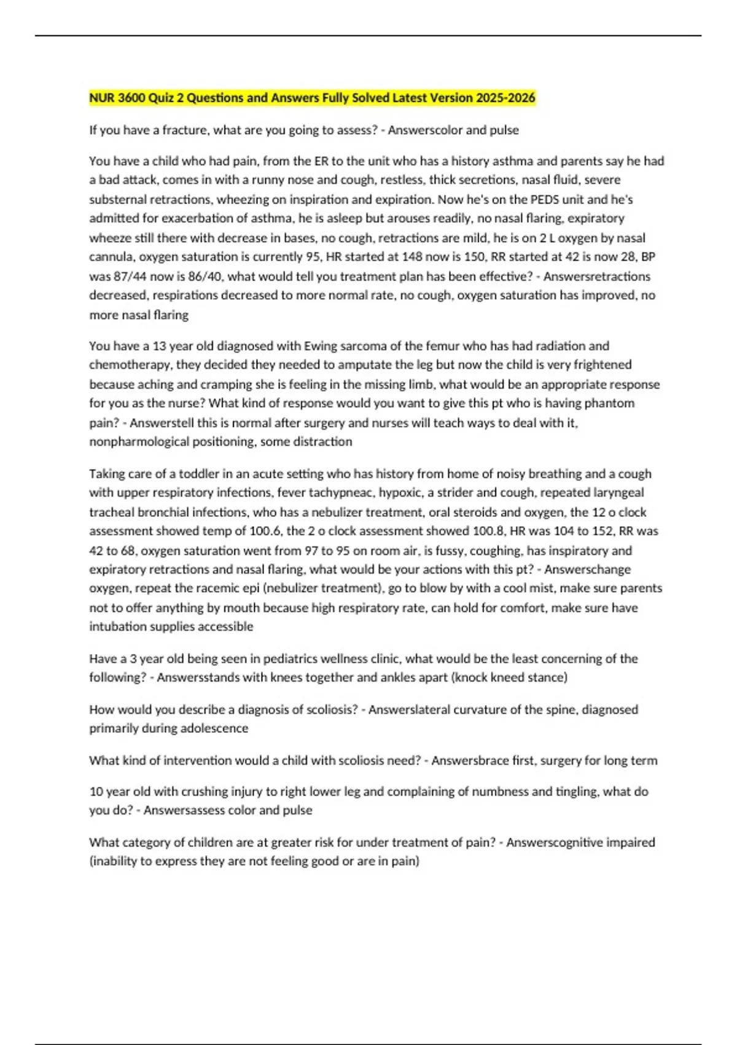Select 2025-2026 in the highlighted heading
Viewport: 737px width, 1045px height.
[x=510, y=98]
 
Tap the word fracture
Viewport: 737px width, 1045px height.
[x=184, y=130]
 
